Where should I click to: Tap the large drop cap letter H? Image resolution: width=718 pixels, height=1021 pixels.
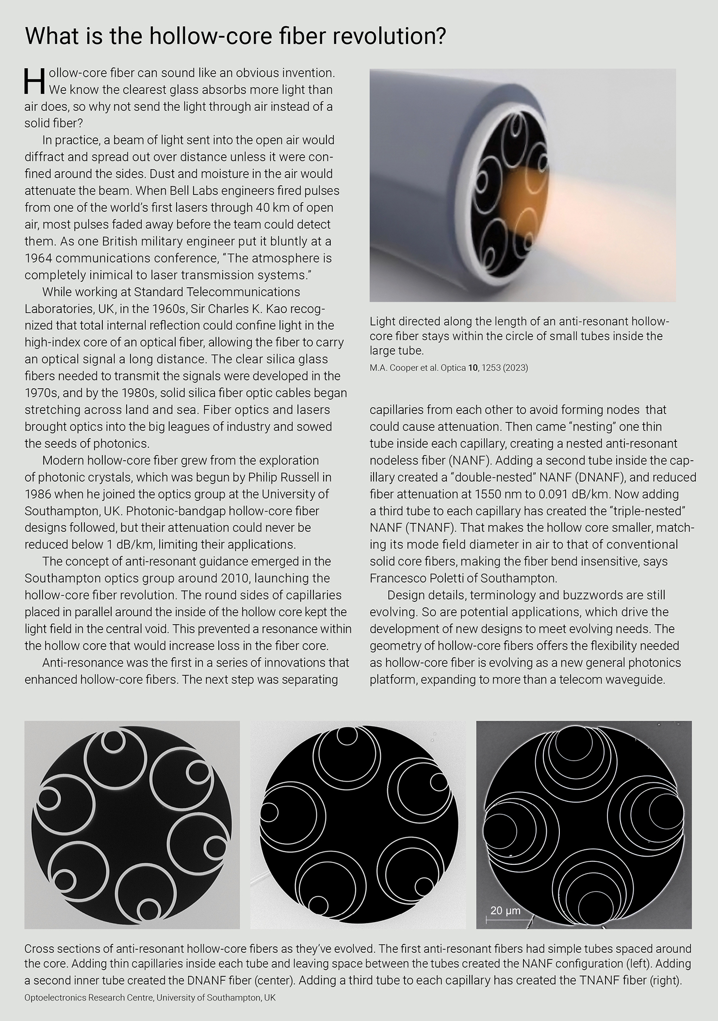coord(34,81)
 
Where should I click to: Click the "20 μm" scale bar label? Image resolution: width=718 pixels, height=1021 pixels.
coord(505,910)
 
